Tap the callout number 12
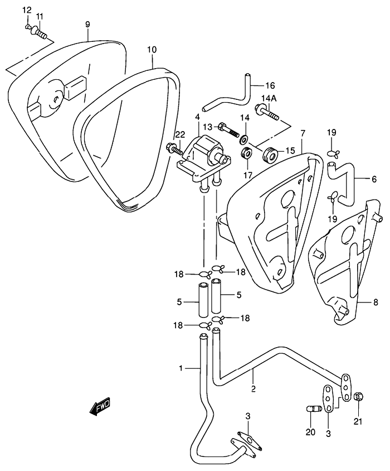[27, 10]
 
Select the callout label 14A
[269, 99]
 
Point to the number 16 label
[270, 85]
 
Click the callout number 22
[181, 135]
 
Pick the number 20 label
[310, 432]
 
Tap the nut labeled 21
[357, 397]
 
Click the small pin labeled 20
[314, 409]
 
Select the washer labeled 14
[245, 139]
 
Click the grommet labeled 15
[270, 154]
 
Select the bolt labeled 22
[174, 148]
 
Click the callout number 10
[152, 50]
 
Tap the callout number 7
[303, 133]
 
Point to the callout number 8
[376, 302]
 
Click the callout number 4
[197, 116]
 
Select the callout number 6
[374, 179]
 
